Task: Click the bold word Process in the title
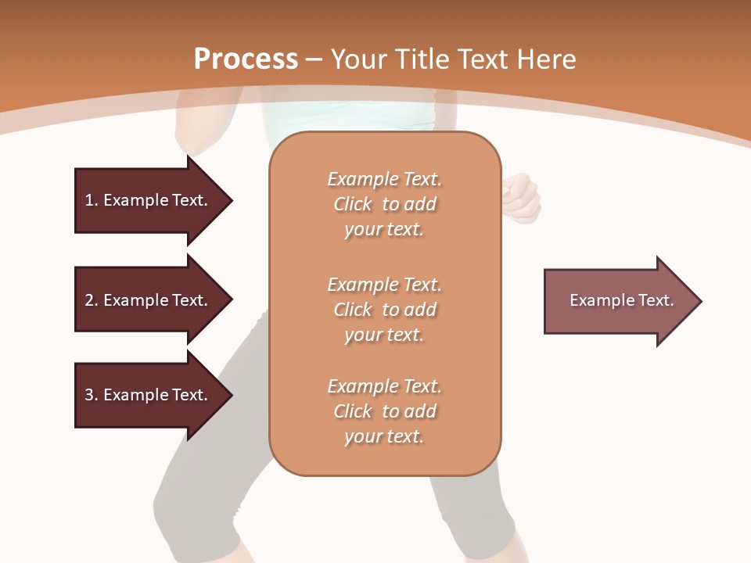[246, 59]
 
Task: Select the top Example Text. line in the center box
[384, 179]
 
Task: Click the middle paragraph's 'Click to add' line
[384, 310]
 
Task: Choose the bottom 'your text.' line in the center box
[384, 436]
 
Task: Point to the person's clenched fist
[521, 195]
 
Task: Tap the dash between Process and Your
[314, 59]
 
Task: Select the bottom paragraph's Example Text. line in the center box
[384, 386]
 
